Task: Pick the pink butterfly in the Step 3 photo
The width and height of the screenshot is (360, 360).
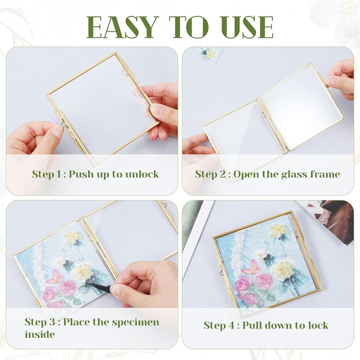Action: coord(54,277)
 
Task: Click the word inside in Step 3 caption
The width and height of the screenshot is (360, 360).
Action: coord(40,334)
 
